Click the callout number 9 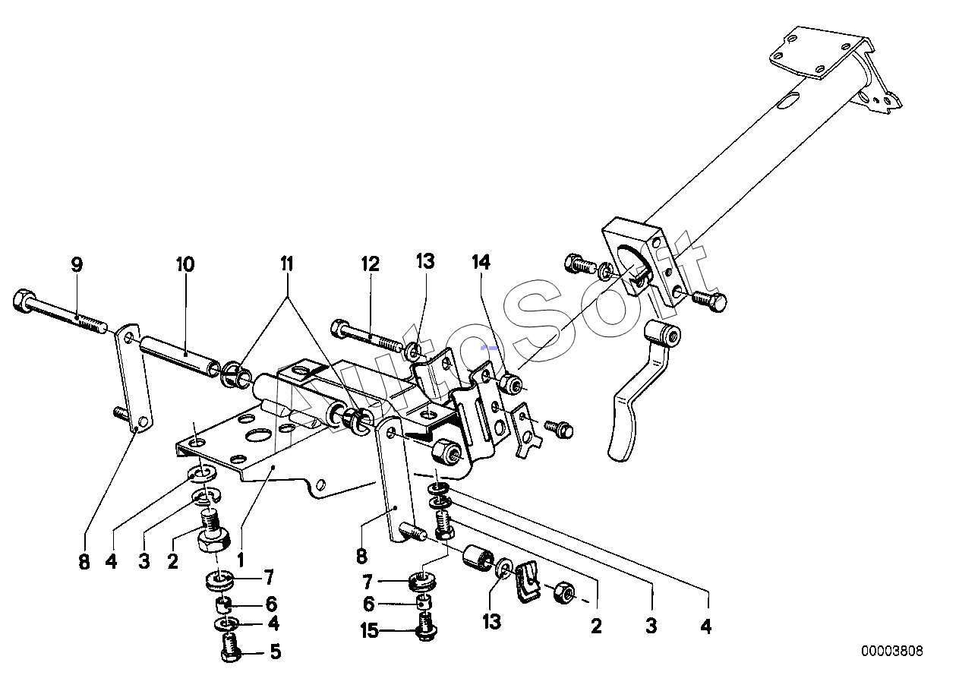tap(77, 264)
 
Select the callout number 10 tap(185, 264)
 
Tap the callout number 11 tap(287, 264)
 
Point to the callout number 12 tap(371, 264)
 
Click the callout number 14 tap(481, 261)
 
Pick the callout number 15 tap(369, 630)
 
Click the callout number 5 tap(276, 652)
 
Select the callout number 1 tap(240, 560)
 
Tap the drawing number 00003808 tap(892, 652)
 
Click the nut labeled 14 tap(511, 383)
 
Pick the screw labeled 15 tap(426, 626)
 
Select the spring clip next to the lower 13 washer tap(528, 582)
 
